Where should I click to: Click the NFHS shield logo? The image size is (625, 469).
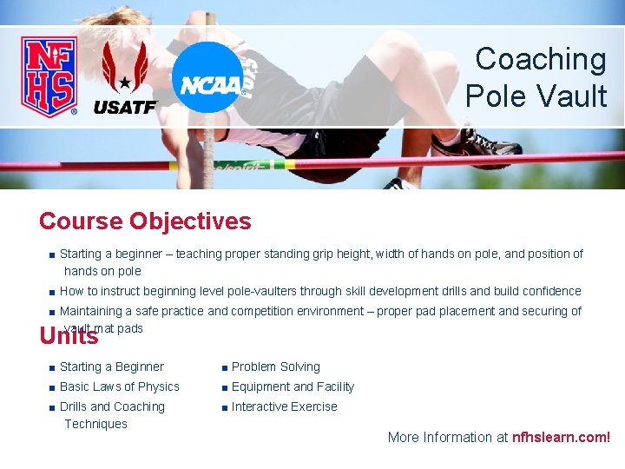point(49,76)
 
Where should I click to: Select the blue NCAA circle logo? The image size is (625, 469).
point(207,78)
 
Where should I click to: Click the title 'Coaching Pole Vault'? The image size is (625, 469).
point(537,77)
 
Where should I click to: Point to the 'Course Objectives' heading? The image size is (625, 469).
point(145,221)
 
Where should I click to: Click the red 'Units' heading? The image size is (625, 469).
point(69,335)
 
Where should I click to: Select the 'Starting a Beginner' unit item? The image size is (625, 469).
point(111,367)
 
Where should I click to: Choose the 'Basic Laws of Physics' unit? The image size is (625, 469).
point(119,387)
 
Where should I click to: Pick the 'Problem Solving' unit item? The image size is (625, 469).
point(275,367)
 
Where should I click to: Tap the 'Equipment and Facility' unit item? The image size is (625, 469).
point(293,387)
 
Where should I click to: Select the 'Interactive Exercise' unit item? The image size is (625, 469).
point(284,407)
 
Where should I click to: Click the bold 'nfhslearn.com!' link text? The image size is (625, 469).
point(561,438)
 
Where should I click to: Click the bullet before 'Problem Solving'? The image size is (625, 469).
point(225,368)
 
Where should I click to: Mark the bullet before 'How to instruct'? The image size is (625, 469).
point(53,293)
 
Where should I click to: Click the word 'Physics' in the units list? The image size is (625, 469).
point(158,387)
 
